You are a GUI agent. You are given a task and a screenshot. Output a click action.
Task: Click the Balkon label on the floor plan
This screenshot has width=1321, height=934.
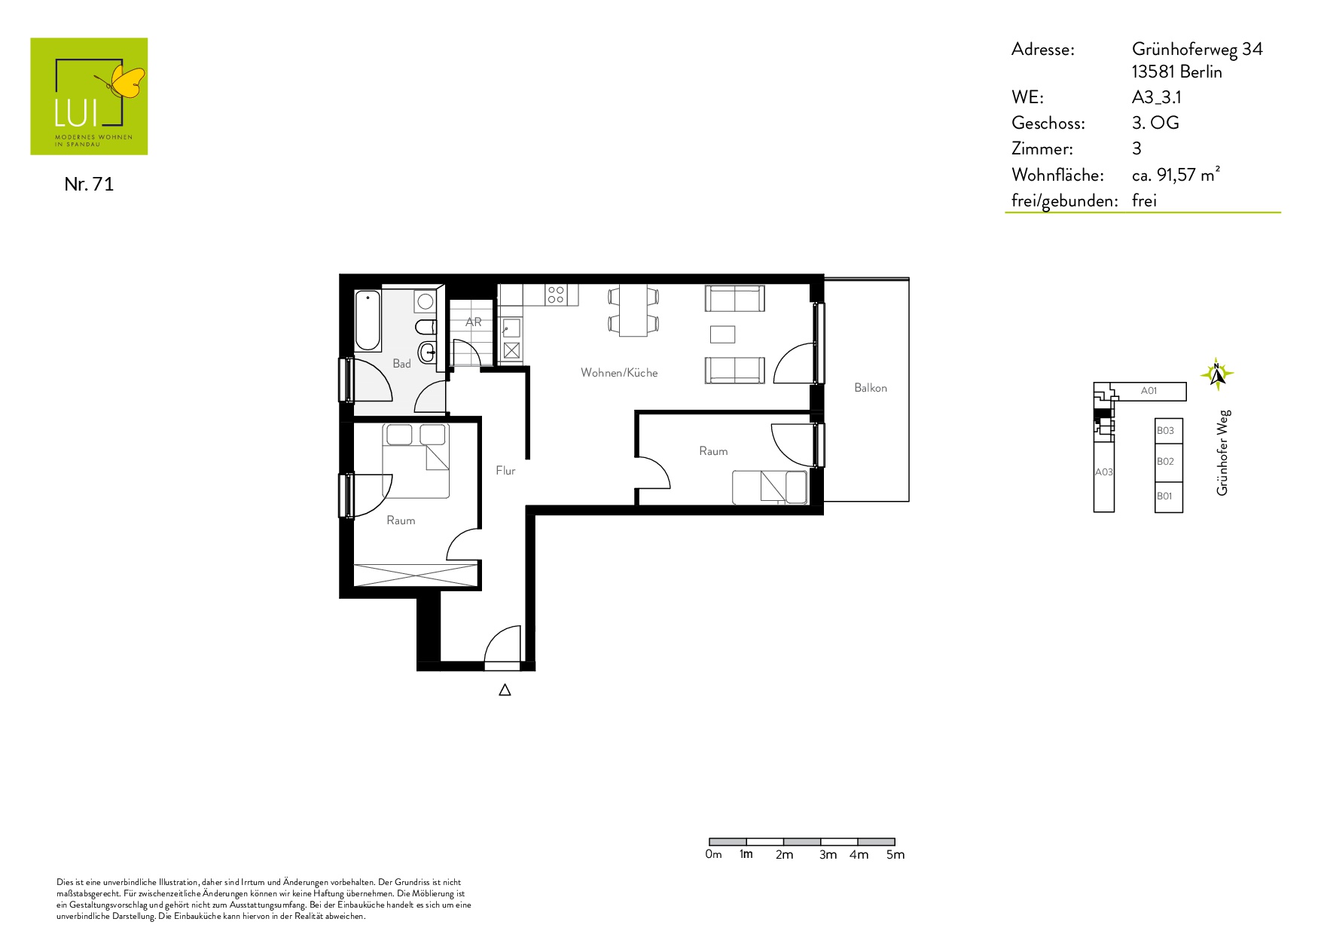871,388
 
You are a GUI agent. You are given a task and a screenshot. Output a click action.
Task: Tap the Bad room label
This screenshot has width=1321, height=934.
401,364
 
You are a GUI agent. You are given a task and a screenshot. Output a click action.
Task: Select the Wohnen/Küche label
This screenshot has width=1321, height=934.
619,373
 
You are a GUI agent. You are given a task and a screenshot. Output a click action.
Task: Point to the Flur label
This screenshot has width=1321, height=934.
505,471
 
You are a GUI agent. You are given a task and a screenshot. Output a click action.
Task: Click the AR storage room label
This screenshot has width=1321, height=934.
473,322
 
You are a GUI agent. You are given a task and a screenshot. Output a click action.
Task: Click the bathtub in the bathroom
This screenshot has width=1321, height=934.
368,320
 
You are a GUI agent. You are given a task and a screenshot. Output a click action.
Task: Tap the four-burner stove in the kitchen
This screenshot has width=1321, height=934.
556,295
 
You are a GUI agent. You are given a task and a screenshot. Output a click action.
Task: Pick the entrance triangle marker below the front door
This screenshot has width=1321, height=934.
505,690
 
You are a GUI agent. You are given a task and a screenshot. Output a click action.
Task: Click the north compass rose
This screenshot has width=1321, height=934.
1216,374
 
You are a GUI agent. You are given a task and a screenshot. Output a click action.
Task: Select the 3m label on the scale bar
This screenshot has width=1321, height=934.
828,855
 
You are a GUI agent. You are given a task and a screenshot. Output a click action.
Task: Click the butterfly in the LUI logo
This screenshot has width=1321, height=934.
123,81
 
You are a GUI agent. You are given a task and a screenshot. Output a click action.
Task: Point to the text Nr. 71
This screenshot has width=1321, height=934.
89,185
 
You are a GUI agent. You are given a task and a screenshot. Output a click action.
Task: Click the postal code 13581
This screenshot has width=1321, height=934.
1153,72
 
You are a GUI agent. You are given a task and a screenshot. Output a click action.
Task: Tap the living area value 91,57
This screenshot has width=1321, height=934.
1176,176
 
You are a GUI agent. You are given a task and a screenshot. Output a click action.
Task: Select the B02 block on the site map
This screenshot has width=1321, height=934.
1168,462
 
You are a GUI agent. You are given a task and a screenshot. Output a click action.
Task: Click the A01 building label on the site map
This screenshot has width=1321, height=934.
1149,391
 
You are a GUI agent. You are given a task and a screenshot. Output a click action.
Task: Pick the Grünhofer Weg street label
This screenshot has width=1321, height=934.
1223,453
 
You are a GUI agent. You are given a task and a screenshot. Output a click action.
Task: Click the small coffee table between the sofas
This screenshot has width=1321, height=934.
722,334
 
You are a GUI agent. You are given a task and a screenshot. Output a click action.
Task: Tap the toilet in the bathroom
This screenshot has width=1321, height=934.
426,328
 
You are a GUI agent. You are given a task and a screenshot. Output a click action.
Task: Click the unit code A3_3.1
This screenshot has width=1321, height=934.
1157,98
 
